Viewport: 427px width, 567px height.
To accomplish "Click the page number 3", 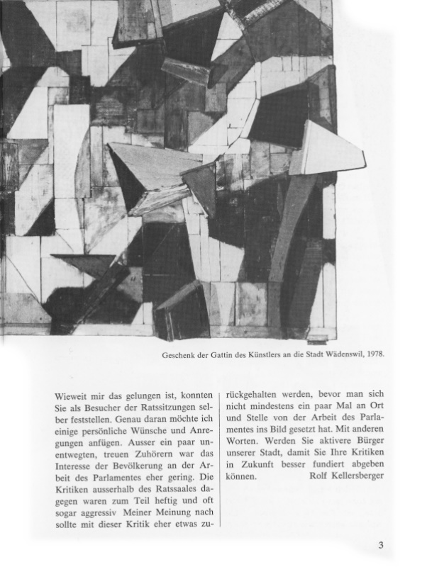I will point(381,545).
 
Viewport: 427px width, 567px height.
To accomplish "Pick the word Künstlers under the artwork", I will point(262,355).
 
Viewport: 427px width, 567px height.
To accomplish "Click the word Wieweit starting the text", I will point(72,393).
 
